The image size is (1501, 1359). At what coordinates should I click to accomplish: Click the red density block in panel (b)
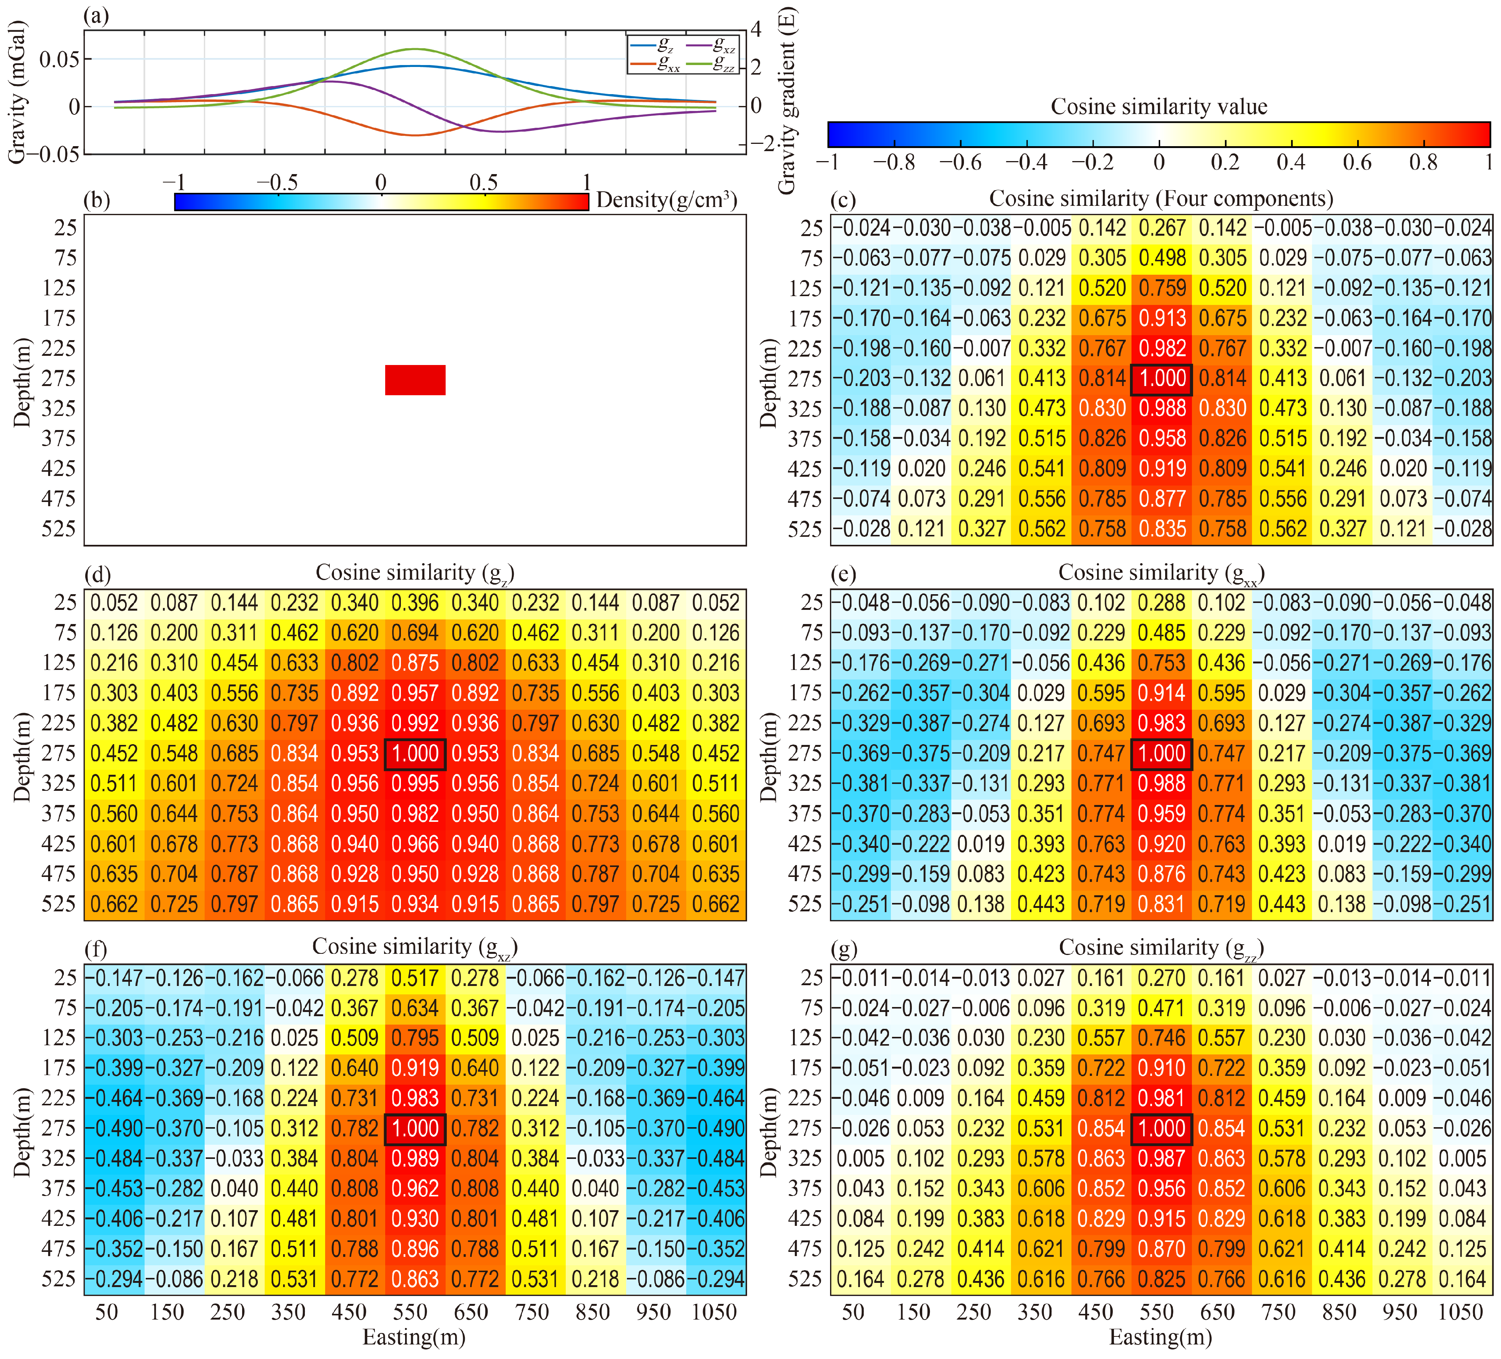click(x=415, y=380)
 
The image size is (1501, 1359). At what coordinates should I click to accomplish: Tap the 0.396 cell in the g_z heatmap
click(x=415, y=603)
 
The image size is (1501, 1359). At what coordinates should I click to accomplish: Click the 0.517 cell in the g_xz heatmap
click(x=415, y=978)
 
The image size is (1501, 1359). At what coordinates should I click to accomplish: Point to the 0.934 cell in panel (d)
click(x=415, y=904)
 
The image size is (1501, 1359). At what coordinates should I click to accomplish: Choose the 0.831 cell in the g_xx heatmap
click(x=1161, y=904)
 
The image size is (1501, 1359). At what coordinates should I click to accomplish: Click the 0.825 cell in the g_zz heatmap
click(x=1161, y=1279)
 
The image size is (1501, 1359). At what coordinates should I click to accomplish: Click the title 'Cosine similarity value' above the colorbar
click(x=1159, y=106)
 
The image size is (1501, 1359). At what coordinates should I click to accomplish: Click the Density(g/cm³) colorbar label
click(x=666, y=200)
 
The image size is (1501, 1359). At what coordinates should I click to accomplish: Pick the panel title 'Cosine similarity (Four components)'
click(x=1161, y=199)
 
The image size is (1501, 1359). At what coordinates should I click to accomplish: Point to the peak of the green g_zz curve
click(x=414, y=49)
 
